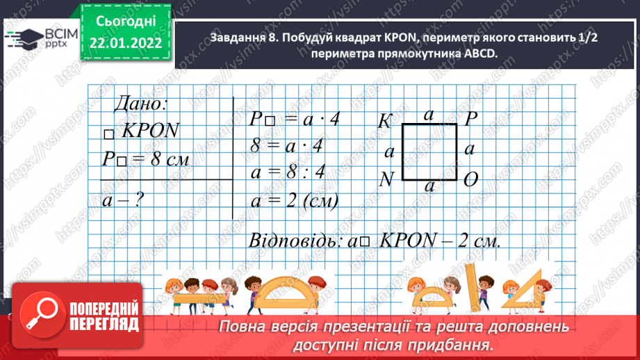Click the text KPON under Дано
click(151, 131)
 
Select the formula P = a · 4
click(294, 119)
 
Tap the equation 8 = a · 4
click(288, 146)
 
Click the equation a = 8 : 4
click(288, 173)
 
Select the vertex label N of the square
click(387, 179)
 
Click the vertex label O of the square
click(470, 180)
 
